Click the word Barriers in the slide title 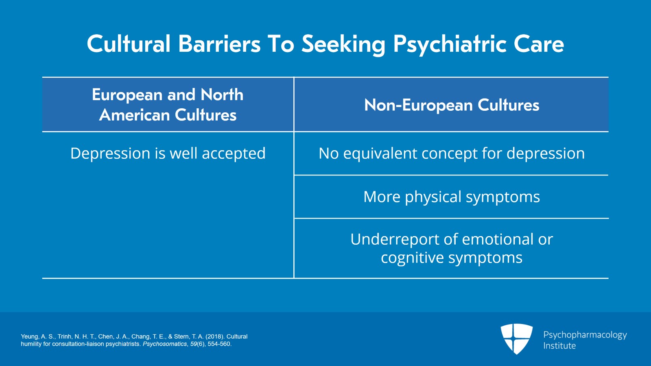click(x=219, y=44)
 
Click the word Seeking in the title click(x=343, y=44)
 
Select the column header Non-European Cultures click(x=452, y=105)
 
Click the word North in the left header click(x=222, y=95)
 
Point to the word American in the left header click(x=134, y=115)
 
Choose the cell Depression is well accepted click(x=168, y=153)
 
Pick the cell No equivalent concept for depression click(x=452, y=153)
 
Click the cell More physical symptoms click(x=452, y=197)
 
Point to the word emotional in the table click(x=498, y=239)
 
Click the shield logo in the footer click(x=516, y=338)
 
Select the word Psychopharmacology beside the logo click(x=585, y=335)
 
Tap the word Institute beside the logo click(x=559, y=346)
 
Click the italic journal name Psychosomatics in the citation click(x=165, y=344)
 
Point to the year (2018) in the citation click(x=214, y=337)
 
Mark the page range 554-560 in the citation click(x=219, y=344)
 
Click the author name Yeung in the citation click(x=29, y=337)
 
